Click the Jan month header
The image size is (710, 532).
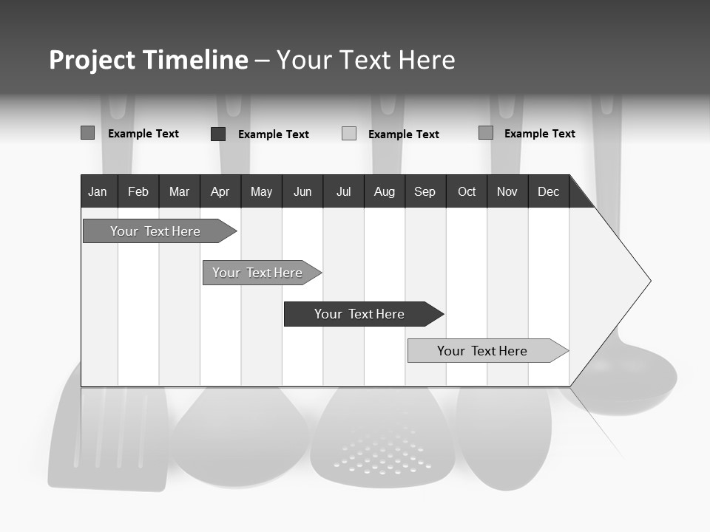tap(98, 191)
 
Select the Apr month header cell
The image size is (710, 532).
tap(220, 191)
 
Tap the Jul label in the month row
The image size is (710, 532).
tap(343, 191)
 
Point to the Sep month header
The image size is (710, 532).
tap(425, 191)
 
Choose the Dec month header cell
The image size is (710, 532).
tap(548, 191)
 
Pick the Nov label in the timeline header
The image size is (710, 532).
tap(507, 191)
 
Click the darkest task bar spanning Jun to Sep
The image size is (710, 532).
tap(360, 314)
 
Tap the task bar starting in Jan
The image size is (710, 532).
tap(156, 231)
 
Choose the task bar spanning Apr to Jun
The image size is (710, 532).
tap(258, 273)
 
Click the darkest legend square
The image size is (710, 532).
tap(218, 134)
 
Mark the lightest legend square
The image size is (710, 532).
tap(349, 134)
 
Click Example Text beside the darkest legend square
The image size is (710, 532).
tap(273, 134)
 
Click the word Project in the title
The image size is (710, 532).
tap(92, 60)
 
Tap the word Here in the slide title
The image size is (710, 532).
tap(427, 60)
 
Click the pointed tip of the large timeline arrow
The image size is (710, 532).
tap(649, 281)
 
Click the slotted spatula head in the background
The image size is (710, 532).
tap(109, 436)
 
